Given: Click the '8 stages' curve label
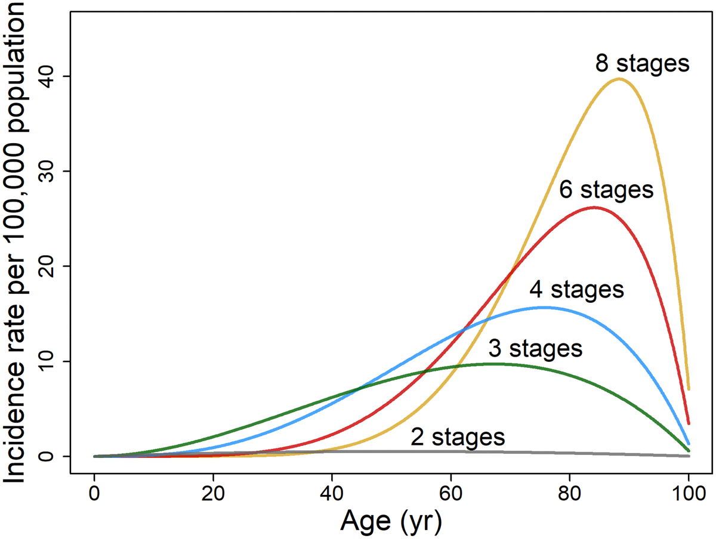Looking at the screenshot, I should tap(642, 63).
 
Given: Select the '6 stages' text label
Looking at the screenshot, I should tap(606, 190).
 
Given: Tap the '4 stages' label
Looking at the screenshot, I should tap(576, 290).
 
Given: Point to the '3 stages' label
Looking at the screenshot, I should tap(535, 348).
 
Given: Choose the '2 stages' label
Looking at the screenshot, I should tap(458, 437).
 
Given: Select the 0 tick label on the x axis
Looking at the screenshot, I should tap(94, 494).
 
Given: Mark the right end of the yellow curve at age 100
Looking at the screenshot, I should tap(689, 389).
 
